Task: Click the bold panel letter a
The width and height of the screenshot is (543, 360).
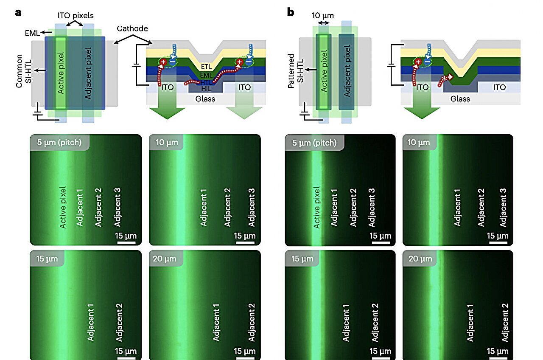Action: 18,12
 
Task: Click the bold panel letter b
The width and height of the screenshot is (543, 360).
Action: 291,12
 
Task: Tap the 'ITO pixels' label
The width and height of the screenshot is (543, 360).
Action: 76,16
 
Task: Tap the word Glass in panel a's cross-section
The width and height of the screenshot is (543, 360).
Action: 205,99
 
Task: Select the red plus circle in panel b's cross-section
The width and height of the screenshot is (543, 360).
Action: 418,62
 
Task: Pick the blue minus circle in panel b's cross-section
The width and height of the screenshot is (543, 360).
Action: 428,62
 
